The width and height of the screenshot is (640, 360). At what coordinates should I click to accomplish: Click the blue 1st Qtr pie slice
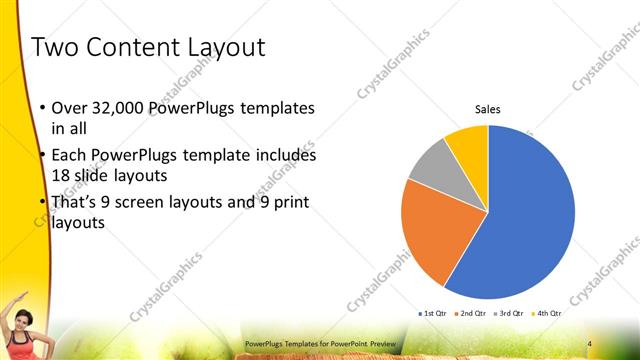tap(530, 220)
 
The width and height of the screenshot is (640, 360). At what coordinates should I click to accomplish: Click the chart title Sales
tap(487, 110)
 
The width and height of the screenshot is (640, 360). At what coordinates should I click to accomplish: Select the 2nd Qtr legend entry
tap(471, 314)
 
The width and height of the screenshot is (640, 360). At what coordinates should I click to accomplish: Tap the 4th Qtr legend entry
tap(547, 314)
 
